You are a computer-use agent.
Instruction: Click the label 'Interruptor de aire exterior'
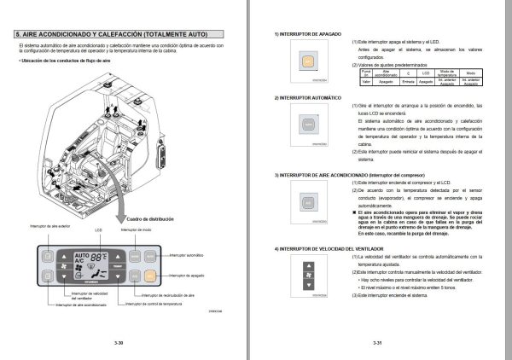[49, 226]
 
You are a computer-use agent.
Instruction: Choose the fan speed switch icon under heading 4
[305, 276]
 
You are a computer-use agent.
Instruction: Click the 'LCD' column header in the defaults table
[425, 73]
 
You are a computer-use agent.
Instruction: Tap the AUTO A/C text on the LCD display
[82, 258]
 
